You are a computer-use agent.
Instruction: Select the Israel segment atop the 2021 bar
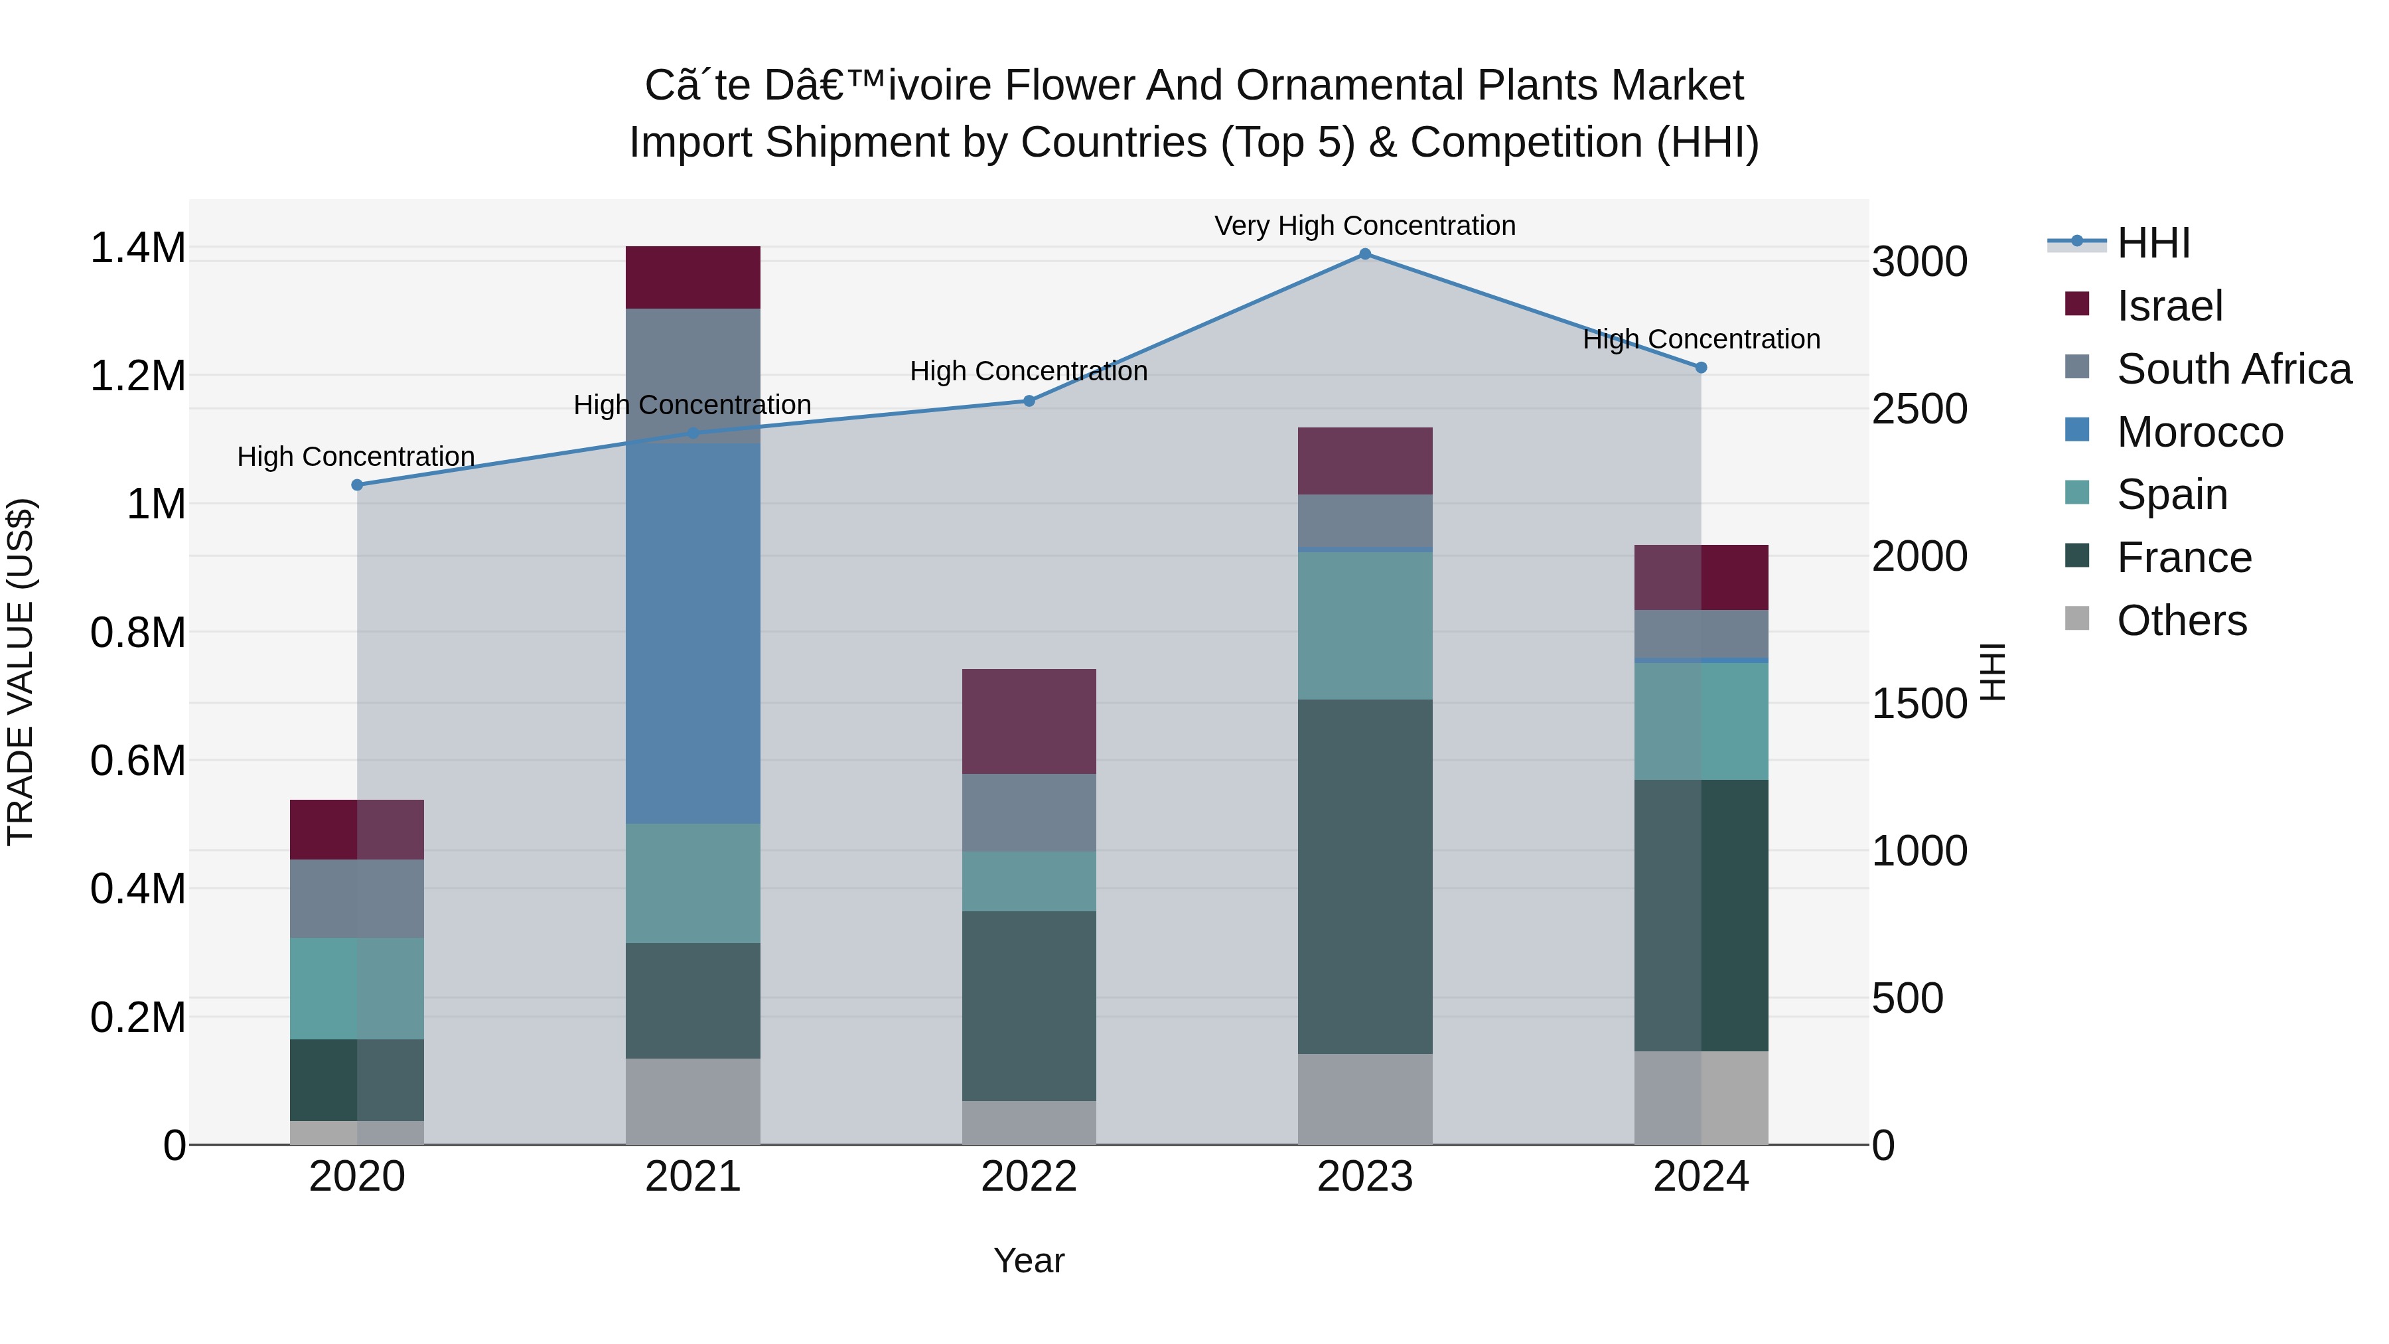click(x=693, y=277)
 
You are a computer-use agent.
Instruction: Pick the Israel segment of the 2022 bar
click(x=1029, y=721)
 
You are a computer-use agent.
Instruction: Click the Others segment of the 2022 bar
click(x=1029, y=1122)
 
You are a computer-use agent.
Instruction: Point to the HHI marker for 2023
click(x=1364, y=254)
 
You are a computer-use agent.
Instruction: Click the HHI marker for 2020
click(x=357, y=485)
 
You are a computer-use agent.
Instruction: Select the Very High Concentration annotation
click(x=1364, y=226)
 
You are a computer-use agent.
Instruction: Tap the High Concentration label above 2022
click(x=1029, y=371)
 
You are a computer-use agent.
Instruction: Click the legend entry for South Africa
click(x=2233, y=369)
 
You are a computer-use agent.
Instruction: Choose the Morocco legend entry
click(x=2199, y=432)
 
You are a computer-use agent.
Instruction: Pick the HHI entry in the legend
click(x=2153, y=243)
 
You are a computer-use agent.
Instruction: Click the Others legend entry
click(x=2181, y=621)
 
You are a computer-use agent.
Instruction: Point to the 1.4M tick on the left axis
click(x=137, y=249)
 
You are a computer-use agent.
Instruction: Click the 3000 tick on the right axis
click(x=1918, y=261)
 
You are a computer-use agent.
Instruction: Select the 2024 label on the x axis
click(x=1700, y=1177)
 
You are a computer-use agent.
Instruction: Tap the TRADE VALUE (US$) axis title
click(x=21, y=672)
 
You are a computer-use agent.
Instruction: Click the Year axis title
click(x=1029, y=1260)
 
